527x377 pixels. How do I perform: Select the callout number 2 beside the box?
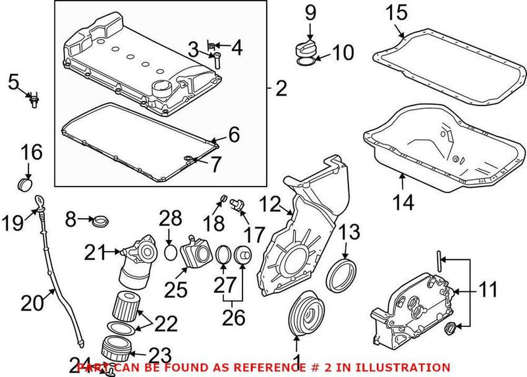[281, 88]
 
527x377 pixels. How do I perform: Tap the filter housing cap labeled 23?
[119, 346]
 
